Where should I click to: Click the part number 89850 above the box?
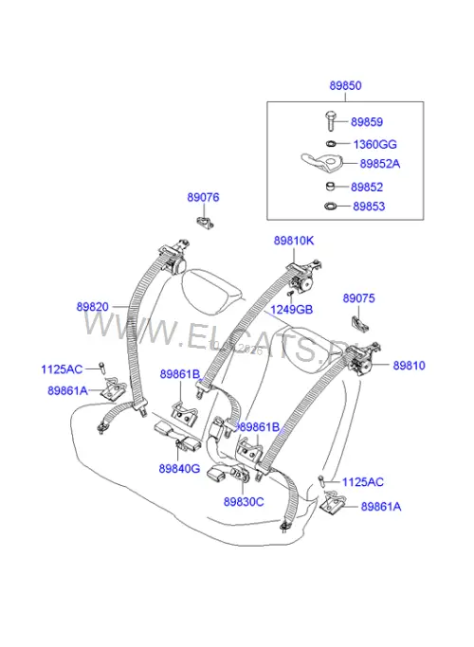[x=345, y=85]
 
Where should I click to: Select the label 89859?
[x=367, y=121]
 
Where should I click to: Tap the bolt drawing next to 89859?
[x=330, y=120]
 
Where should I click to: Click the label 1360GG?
[x=374, y=144]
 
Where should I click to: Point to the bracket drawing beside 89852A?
[x=322, y=163]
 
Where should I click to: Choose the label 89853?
[x=369, y=206]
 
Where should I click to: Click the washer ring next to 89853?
[x=331, y=206]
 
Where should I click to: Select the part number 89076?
[x=203, y=197]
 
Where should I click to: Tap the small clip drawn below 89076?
[x=205, y=222]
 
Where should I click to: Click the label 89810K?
[x=294, y=241]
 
